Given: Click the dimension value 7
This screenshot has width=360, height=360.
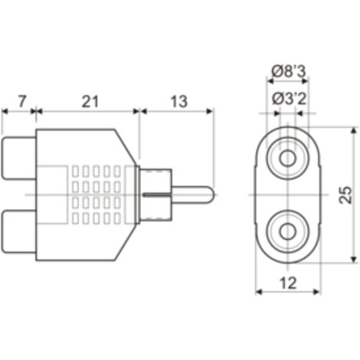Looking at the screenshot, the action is click(x=22, y=101).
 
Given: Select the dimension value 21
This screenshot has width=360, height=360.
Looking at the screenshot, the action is click(x=90, y=101).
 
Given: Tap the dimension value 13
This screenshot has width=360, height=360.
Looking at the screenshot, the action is click(x=178, y=101).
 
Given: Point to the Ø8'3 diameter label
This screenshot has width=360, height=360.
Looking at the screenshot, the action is click(x=288, y=71).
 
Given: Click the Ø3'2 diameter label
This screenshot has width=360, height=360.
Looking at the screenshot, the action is click(x=289, y=99).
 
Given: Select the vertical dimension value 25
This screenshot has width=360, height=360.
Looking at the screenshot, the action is click(x=345, y=195).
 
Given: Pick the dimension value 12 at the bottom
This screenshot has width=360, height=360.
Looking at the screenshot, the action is click(x=288, y=283).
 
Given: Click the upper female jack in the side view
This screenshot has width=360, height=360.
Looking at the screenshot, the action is click(x=18, y=158).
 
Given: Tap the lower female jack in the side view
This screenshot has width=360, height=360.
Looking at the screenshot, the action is click(x=18, y=231).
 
